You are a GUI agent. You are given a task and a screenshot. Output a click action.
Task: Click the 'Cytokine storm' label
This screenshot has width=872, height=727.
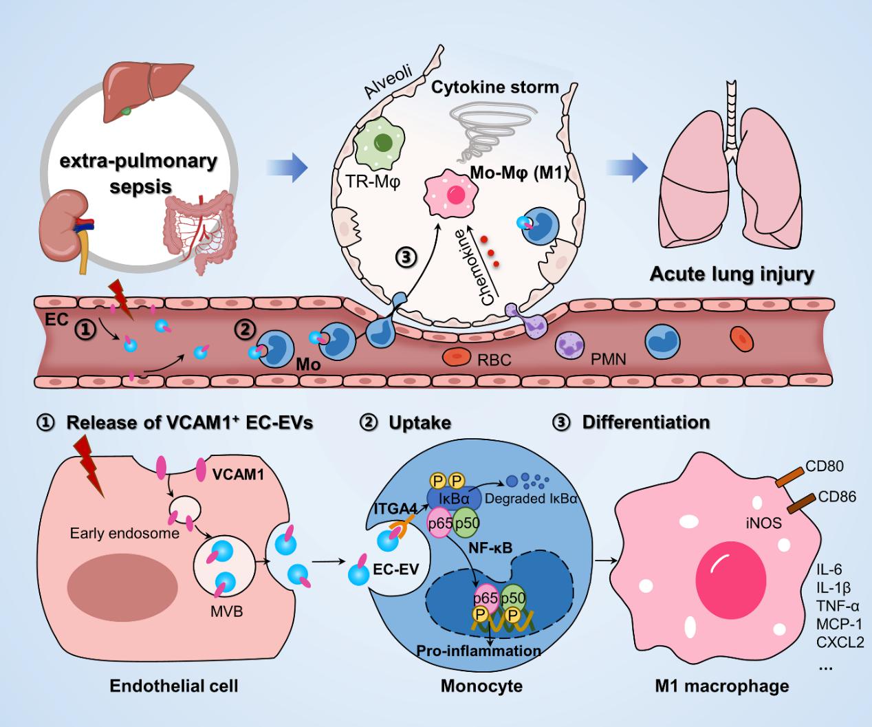[x=495, y=88]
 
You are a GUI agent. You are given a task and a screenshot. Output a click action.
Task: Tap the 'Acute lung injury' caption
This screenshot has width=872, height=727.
[x=732, y=274]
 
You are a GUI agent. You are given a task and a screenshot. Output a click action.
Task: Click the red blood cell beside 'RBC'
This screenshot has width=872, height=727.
[x=456, y=357]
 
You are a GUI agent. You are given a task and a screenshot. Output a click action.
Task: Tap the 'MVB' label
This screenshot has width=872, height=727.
[x=227, y=609]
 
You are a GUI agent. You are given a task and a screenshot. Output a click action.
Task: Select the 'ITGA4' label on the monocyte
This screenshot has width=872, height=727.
[x=395, y=508]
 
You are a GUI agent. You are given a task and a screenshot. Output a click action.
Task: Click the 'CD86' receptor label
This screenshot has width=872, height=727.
[x=837, y=495]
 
